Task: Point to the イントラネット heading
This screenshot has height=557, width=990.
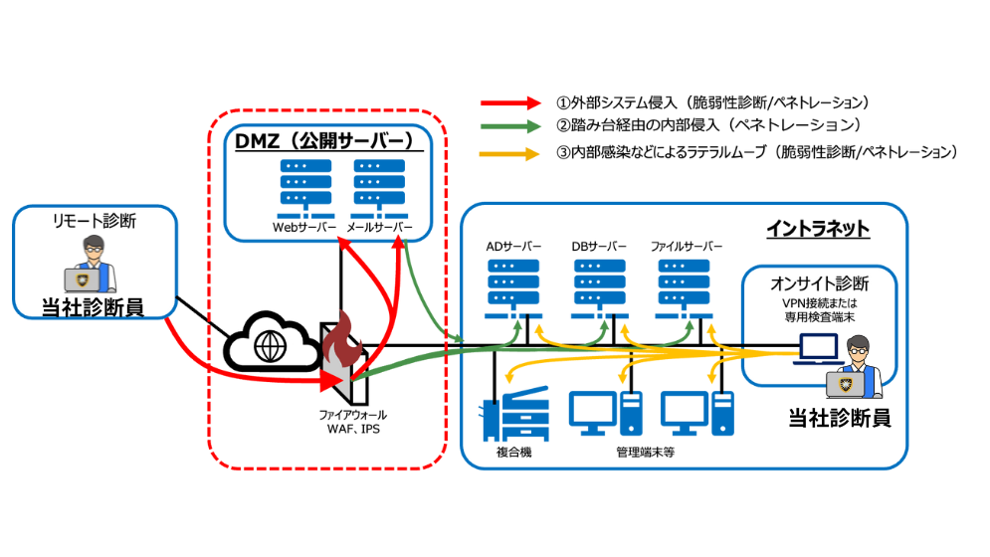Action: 818,229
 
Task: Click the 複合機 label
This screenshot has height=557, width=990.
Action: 515,453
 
